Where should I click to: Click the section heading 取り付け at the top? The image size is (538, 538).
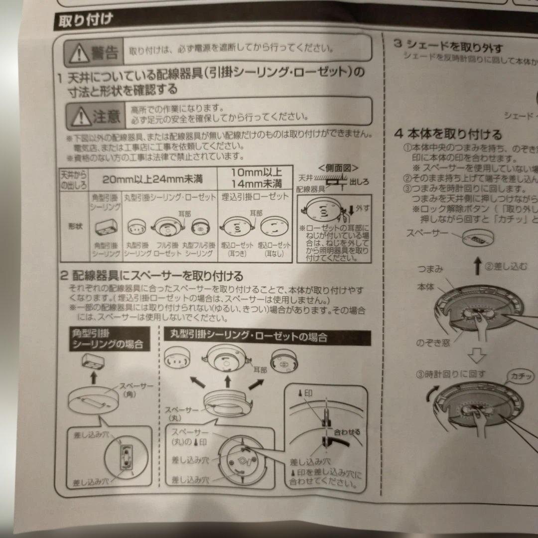(x=85, y=20)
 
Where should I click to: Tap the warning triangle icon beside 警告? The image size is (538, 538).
(x=78, y=51)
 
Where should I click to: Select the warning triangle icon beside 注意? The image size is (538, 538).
(x=79, y=117)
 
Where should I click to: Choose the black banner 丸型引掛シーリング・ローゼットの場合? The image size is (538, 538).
(x=267, y=337)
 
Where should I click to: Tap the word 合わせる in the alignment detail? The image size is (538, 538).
(x=347, y=431)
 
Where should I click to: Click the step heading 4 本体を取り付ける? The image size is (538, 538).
(x=448, y=134)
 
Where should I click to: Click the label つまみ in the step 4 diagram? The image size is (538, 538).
(x=431, y=269)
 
